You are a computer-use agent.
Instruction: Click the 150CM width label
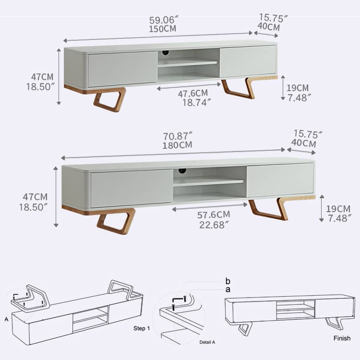pos(163,29)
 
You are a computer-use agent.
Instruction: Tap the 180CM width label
pos(177,145)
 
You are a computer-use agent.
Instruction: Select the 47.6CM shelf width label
pos(192,93)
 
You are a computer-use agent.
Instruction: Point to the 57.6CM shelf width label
pos(214,215)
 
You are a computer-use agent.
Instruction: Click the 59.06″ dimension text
pos(164,20)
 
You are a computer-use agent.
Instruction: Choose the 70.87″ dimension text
pos(178,136)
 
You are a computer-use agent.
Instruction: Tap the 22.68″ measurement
pos(214,225)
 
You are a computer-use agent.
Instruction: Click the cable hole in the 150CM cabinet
pos(165,53)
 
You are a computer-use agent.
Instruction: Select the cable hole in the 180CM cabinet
pos(182,170)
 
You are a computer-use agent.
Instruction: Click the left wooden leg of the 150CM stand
pos(110,99)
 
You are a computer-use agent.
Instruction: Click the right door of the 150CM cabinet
pos(248,61)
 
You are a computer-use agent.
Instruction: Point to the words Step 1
pos(142,328)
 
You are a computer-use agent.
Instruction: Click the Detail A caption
pos(207,342)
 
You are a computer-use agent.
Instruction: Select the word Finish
pos(342,338)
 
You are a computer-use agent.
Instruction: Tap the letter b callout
pos(228,281)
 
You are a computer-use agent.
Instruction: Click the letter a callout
pos(228,289)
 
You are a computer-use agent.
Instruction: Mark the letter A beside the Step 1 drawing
pos(6,319)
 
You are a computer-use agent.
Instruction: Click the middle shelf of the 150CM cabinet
pos(188,63)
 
